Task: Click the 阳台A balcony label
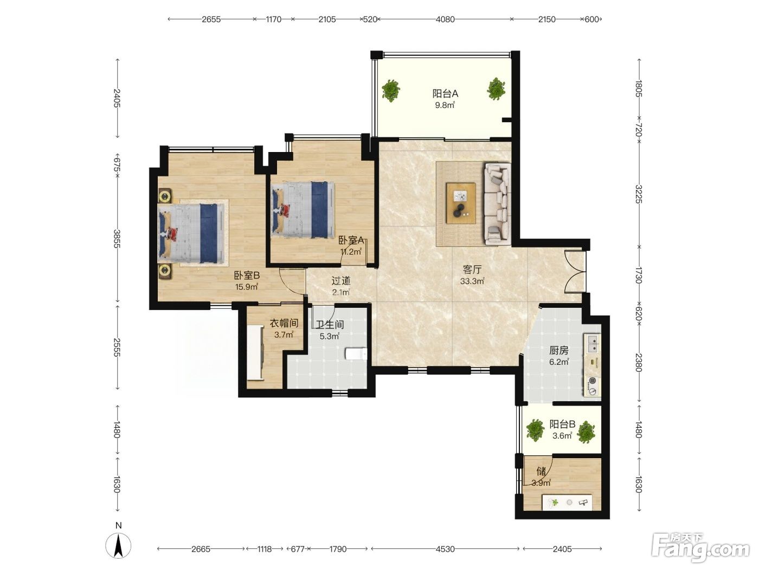coord(445,93)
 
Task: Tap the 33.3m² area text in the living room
coord(472,281)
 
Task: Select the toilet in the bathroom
coord(356,354)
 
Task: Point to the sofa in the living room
coord(497,204)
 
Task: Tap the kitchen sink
coord(592,343)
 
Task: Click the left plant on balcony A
coord(391,90)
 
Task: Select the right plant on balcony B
coord(586,432)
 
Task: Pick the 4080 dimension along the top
coord(445,20)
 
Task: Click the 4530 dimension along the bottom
coord(445,549)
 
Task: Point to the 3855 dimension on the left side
coord(117,239)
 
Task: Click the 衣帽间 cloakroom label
coord(284,323)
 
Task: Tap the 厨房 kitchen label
coord(559,351)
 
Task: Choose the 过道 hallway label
coord(341,281)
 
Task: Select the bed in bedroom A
coord(303,210)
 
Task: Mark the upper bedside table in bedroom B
coord(165,196)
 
